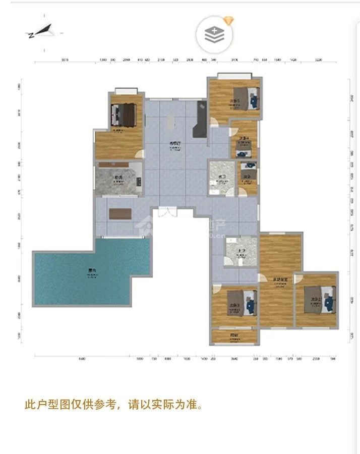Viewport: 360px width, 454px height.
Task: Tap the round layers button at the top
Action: pyautogui.click(x=215, y=34)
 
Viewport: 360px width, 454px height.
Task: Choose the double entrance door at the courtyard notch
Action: pyautogui.click(x=167, y=213)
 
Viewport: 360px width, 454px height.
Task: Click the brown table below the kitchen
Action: pyautogui.click(x=120, y=213)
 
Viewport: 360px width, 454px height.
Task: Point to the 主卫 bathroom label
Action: pyautogui.click(x=234, y=251)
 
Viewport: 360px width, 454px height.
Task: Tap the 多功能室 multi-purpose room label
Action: pyautogui.click(x=280, y=279)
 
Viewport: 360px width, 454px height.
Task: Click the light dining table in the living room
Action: pyautogui.click(x=169, y=121)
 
